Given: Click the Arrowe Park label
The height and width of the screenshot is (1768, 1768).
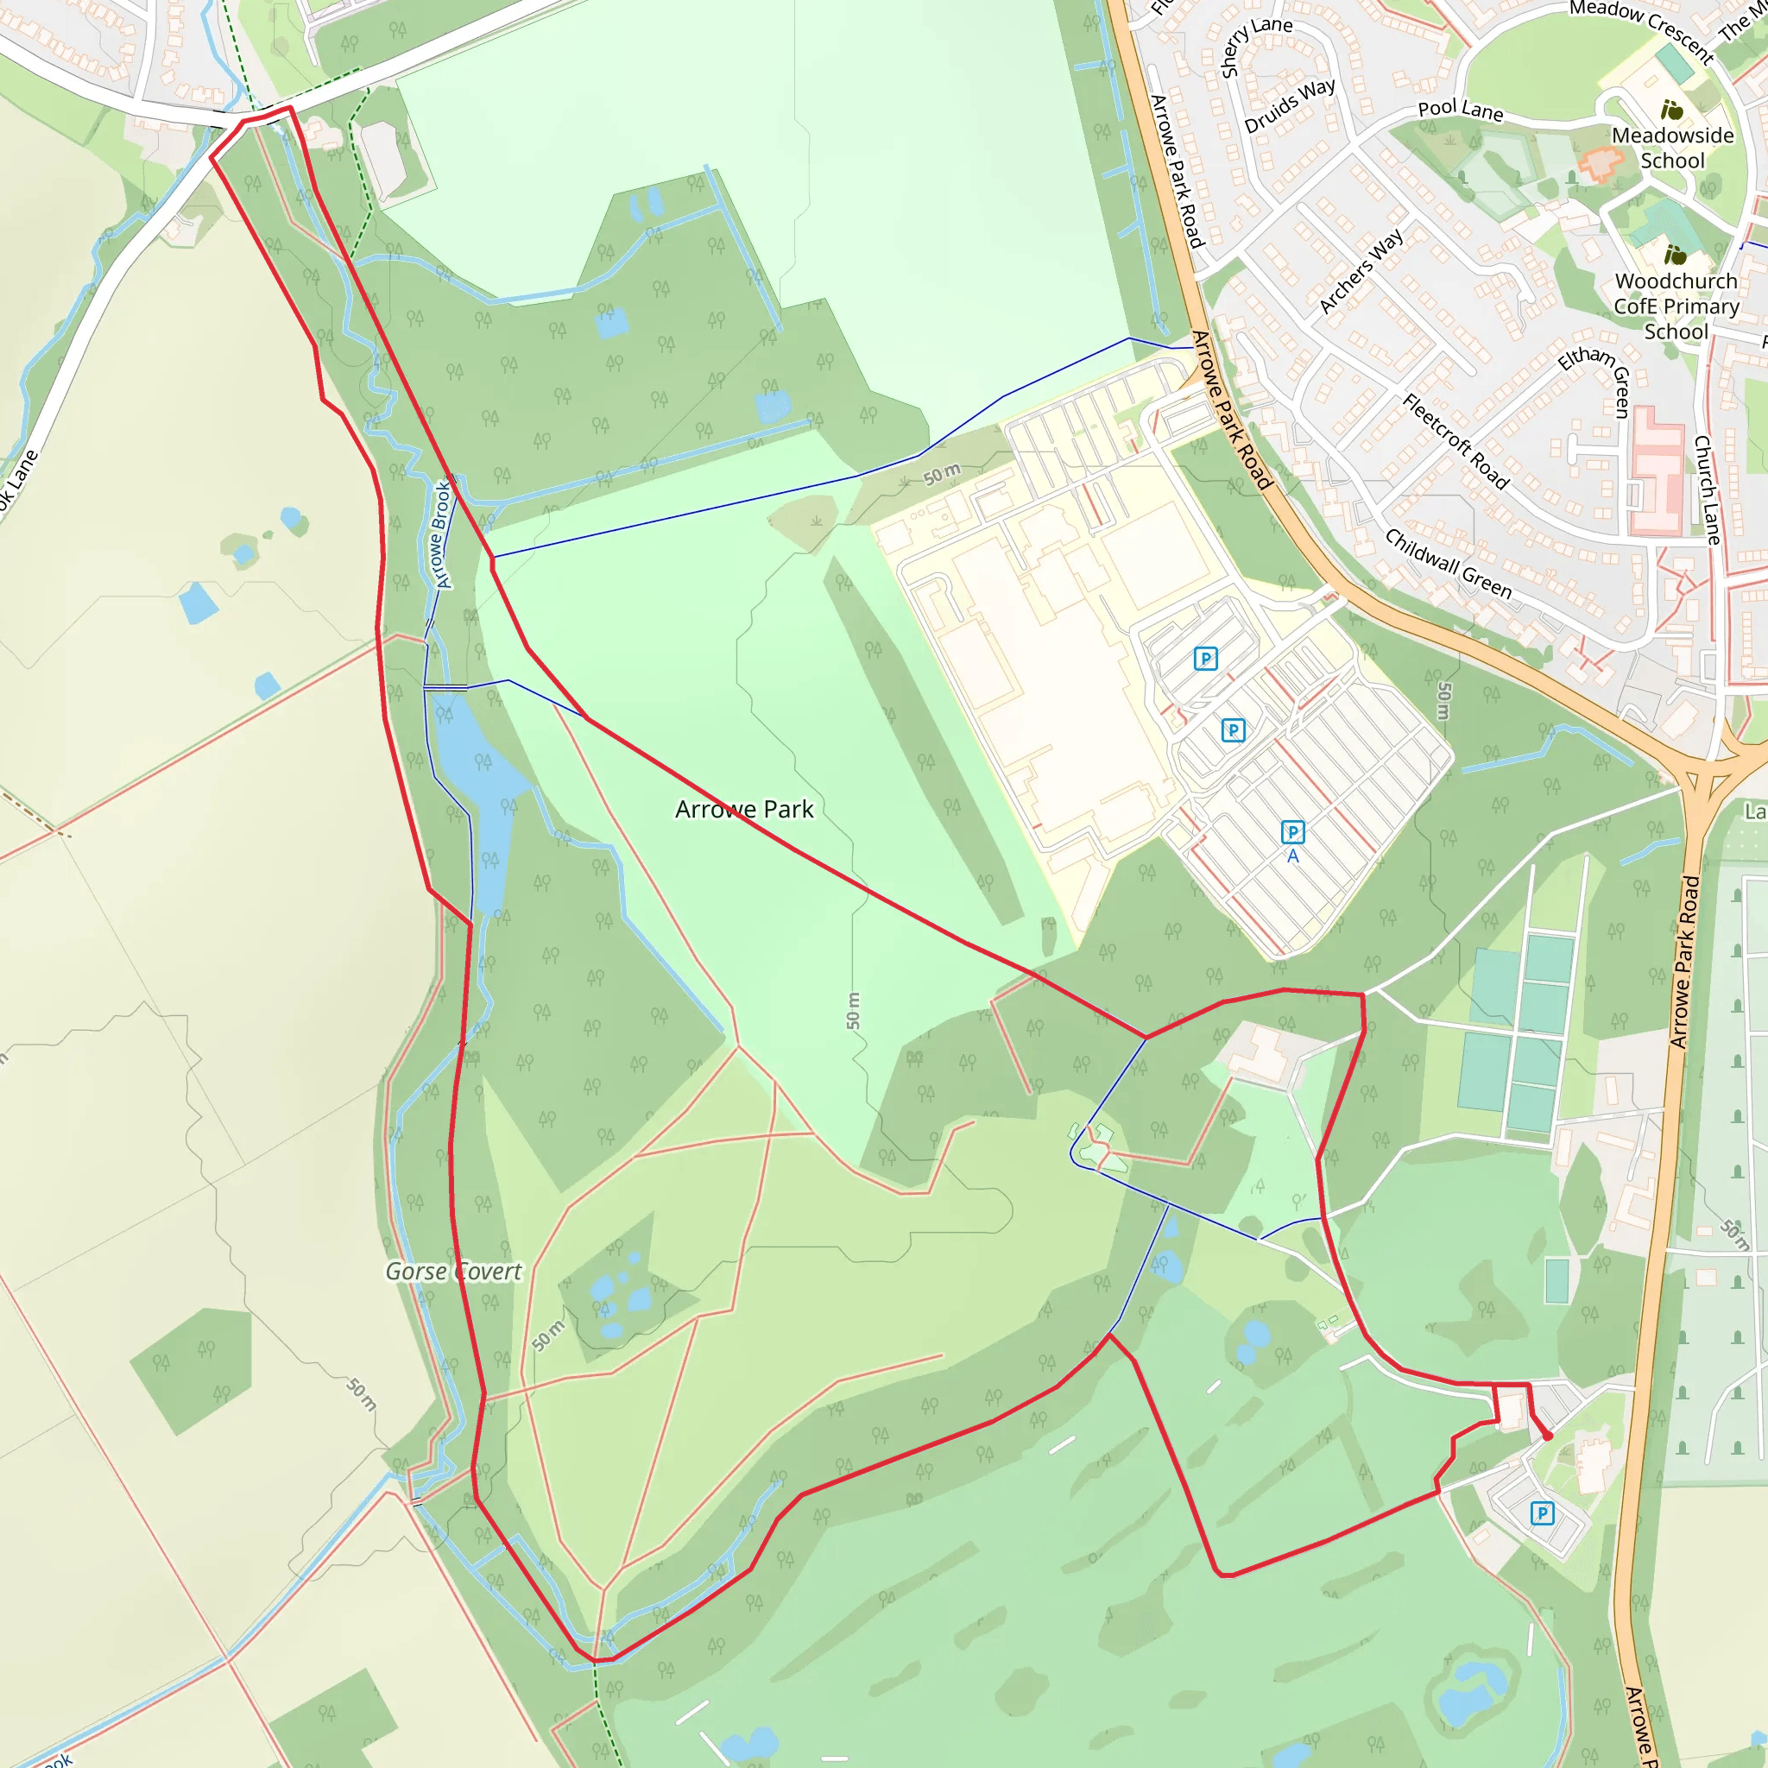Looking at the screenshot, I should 744,810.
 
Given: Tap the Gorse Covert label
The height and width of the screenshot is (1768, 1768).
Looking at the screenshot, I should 453,1271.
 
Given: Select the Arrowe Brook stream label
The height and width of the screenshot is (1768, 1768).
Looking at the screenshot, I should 441,534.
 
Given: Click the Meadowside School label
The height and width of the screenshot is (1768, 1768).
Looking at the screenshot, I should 1672,148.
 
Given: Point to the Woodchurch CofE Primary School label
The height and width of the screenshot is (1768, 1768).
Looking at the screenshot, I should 1676,306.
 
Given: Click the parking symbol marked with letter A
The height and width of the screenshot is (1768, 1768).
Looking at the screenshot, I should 1292,832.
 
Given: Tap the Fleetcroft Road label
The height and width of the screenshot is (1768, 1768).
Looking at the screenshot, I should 1455,441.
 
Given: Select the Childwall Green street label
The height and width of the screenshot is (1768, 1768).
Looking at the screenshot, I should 1448,564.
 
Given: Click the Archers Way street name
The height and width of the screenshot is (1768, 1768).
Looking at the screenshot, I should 1361,271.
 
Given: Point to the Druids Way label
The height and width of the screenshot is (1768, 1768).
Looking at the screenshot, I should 1290,105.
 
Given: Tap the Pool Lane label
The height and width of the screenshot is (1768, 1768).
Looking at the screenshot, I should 1461,110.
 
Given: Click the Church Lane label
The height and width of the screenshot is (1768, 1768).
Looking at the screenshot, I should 1707,489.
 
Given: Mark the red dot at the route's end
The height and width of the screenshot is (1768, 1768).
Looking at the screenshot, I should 1548,1436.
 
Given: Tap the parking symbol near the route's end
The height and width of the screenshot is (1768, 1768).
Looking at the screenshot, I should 1542,1513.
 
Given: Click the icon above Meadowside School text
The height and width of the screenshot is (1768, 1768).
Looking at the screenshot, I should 1672,110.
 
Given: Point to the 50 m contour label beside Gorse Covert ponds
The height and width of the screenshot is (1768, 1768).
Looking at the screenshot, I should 548,1336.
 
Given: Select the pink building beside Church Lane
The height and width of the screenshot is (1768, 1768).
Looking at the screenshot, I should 1658,471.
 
